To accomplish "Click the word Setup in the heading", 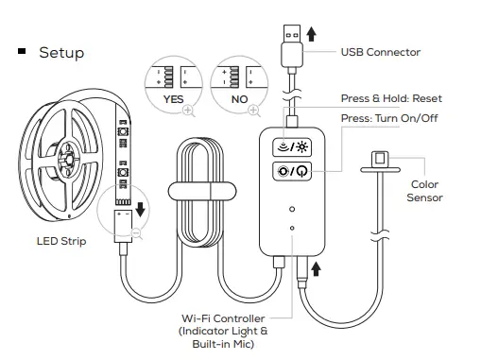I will tap(61, 52).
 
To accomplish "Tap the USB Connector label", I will tap(381, 52).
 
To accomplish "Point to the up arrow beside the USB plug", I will tap(312, 36).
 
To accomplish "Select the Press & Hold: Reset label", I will tap(391, 99).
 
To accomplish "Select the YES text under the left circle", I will tap(175, 97).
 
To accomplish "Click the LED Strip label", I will tap(61, 242).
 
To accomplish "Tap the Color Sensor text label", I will tap(424, 191).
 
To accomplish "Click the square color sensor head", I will tap(379, 159).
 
